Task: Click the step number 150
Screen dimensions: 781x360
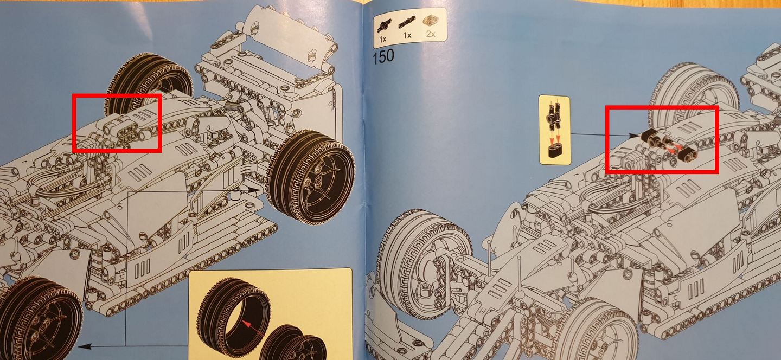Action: coord(383,56)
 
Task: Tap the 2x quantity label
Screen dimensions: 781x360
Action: coord(431,34)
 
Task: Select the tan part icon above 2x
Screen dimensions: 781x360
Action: coord(431,21)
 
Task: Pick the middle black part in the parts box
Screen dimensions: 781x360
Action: coord(407,22)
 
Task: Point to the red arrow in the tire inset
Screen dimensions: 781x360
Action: coord(253,329)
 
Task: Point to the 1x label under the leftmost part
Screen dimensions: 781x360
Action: coord(382,38)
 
